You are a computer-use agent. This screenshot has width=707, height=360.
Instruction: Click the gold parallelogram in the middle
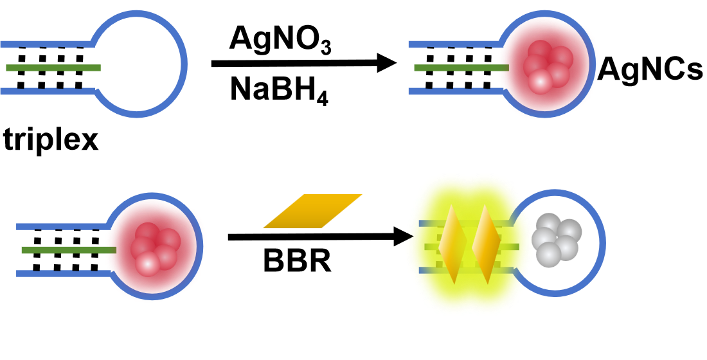(313, 211)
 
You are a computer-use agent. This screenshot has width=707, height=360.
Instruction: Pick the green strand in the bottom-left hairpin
(68, 250)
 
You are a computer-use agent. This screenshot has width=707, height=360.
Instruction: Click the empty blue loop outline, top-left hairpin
(184, 64)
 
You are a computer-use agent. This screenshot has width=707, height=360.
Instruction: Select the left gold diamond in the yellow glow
(452, 244)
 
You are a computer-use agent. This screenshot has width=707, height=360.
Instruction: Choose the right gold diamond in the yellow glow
(486, 244)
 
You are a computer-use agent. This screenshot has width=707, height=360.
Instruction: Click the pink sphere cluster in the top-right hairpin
(548, 66)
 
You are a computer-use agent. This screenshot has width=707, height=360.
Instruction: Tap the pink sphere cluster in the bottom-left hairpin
(155, 248)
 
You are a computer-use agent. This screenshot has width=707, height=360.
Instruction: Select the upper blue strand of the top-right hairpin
(453, 44)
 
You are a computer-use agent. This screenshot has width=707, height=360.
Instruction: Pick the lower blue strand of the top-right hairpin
(453, 91)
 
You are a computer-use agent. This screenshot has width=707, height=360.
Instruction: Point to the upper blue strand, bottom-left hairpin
(62, 226)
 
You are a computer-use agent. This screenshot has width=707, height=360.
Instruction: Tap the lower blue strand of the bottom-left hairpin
(62, 273)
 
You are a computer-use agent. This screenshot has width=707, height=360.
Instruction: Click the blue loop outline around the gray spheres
(602, 243)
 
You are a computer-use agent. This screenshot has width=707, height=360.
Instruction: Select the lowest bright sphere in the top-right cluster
(540, 82)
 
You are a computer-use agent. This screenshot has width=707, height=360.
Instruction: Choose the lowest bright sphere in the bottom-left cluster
(147, 264)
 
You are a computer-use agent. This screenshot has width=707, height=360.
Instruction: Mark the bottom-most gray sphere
(548, 255)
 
